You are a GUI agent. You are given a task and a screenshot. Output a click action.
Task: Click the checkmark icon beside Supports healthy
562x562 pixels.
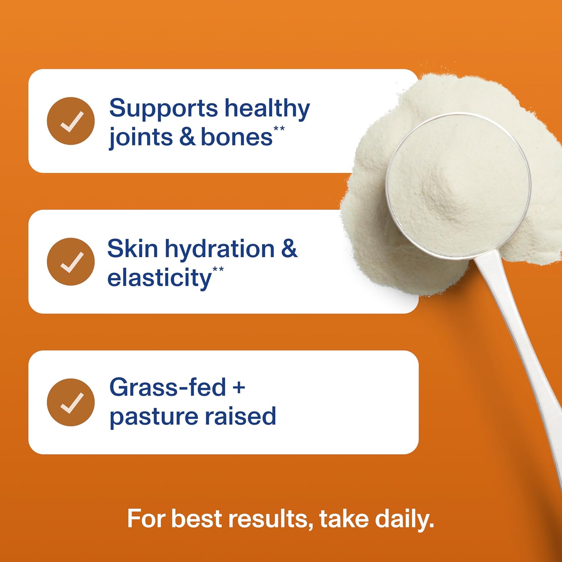pyautogui.click(x=71, y=121)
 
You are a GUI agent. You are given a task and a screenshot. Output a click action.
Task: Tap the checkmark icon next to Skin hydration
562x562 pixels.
pyautogui.click(x=71, y=262)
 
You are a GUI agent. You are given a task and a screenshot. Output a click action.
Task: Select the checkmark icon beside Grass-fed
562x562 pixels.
pyautogui.click(x=71, y=402)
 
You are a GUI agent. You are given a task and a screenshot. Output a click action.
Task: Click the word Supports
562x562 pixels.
pyautogui.click(x=163, y=109)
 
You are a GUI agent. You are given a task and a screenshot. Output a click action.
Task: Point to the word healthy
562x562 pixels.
pyautogui.click(x=267, y=109)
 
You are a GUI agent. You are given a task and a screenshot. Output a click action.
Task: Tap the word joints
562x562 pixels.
pyautogui.click(x=141, y=137)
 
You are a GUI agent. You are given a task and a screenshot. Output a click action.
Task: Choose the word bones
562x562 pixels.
pyautogui.click(x=236, y=137)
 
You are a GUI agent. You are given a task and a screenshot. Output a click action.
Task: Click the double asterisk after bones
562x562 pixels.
pyautogui.click(x=279, y=129)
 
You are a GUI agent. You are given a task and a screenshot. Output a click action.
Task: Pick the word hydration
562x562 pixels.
pyautogui.click(x=220, y=249)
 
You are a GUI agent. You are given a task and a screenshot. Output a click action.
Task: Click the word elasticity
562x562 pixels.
pyautogui.click(x=160, y=278)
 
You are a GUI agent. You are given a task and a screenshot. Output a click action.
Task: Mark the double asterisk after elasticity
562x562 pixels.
pyautogui.click(x=218, y=269)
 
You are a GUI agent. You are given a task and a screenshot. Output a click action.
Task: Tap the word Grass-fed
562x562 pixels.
pyautogui.click(x=167, y=387)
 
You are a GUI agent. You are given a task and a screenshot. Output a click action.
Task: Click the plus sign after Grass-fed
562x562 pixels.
pyautogui.click(x=239, y=388)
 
